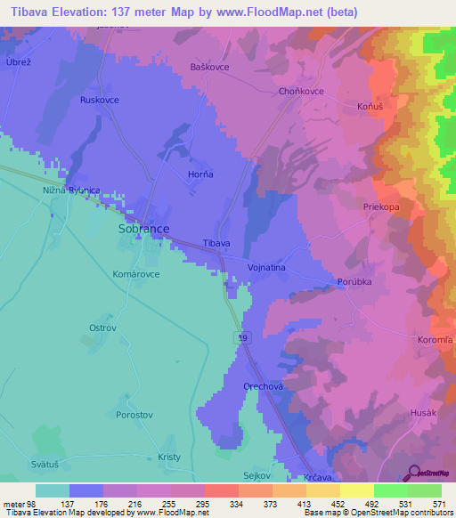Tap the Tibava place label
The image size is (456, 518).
(x=216, y=243)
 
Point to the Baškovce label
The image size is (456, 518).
(x=210, y=67)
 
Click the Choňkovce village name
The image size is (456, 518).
(x=301, y=92)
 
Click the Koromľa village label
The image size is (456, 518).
(x=436, y=340)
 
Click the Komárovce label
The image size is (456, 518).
(x=136, y=274)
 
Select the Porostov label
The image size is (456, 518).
(x=135, y=415)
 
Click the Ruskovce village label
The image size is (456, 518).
(x=100, y=101)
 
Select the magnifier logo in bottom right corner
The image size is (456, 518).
(x=413, y=472)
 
